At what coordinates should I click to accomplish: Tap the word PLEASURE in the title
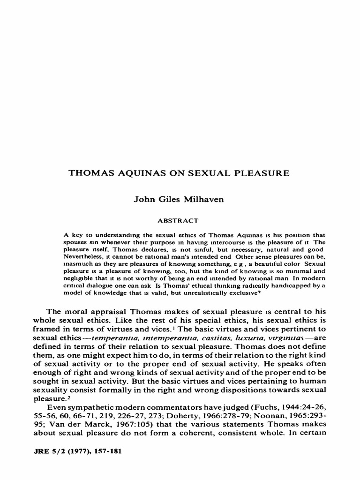tap(263, 173)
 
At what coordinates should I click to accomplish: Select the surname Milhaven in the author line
tap(204, 200)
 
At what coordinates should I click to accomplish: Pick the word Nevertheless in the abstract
tap(80, 256)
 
